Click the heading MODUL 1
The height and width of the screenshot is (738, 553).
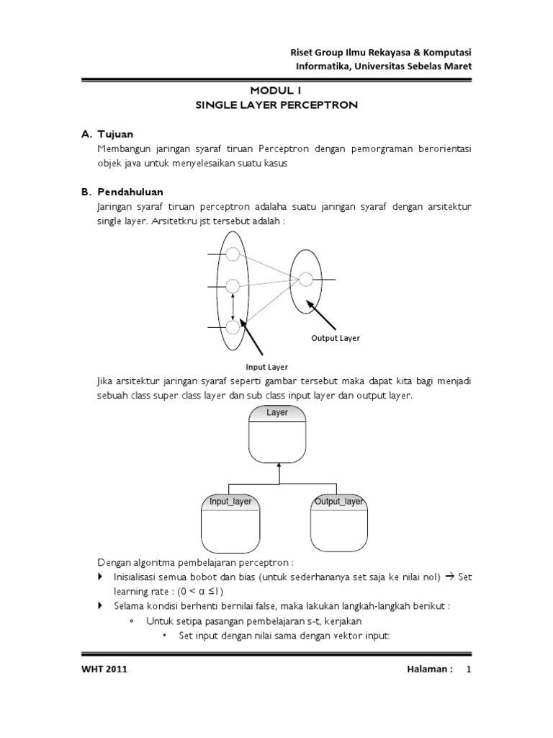[276, 91]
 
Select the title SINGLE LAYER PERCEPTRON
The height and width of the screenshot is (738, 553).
[276, 105]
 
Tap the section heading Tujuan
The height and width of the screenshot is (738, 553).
[115, 134]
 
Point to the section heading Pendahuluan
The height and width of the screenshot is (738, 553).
[130, 192]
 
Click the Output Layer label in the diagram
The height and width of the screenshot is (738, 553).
[335, 338]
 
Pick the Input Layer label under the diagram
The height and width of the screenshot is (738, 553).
[267, 367]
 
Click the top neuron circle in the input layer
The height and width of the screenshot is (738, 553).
[233, 254]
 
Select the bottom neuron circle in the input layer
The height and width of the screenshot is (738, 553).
[233, 327]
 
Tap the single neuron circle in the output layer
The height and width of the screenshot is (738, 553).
[305, 279]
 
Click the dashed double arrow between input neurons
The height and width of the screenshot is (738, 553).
[233, 306]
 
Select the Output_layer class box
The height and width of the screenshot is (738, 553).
[339, 525]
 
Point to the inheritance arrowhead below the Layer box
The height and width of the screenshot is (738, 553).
[277, 468]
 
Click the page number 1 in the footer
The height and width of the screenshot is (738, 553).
[468, 670]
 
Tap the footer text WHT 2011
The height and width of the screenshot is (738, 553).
[104, 670]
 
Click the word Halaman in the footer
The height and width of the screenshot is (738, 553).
[428, 670]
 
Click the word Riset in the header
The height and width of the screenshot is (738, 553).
[302, 53]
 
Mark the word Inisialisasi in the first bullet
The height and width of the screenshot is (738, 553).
[140, 578]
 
